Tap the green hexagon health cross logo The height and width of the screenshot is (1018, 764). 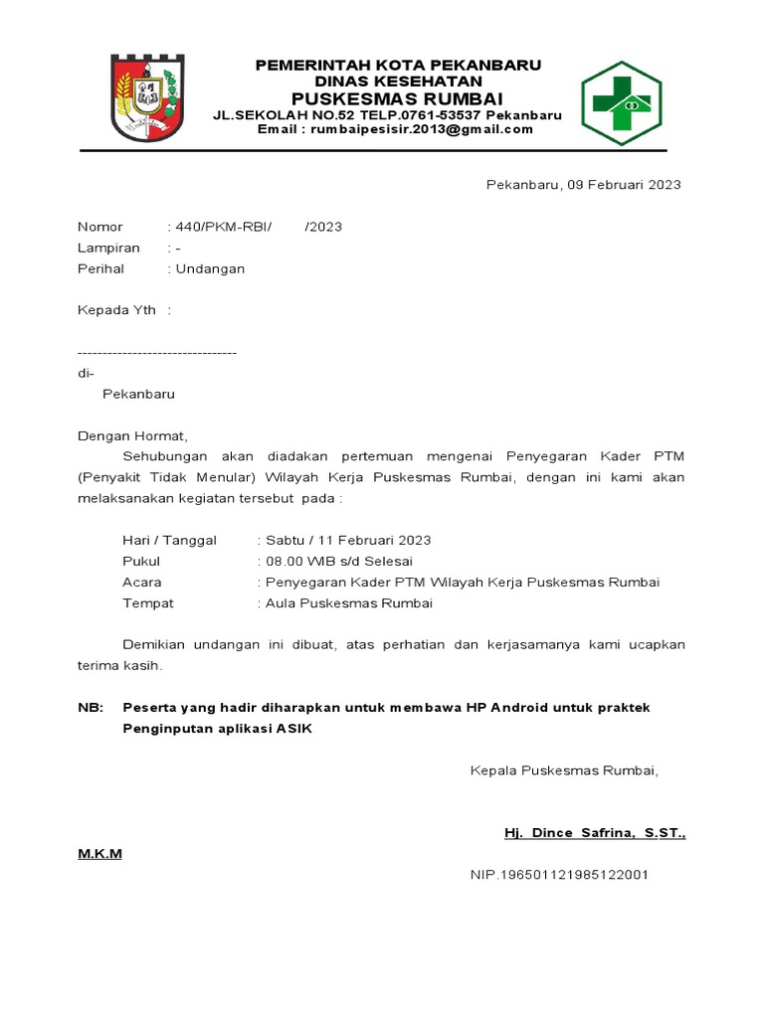(621, 102)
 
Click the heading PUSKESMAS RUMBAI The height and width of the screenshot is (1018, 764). (397, 98)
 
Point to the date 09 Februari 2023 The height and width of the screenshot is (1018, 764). (624, 185)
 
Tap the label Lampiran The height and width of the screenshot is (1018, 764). (108, 248)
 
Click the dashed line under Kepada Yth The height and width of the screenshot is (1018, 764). (157, 352)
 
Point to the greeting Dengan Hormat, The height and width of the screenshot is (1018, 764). (132, 435)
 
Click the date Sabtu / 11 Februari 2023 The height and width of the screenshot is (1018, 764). (346, 540)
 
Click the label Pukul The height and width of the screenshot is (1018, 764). (141, 561)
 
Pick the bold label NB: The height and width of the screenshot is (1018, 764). (91, 707)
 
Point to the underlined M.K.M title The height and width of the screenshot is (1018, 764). (99, 854)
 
